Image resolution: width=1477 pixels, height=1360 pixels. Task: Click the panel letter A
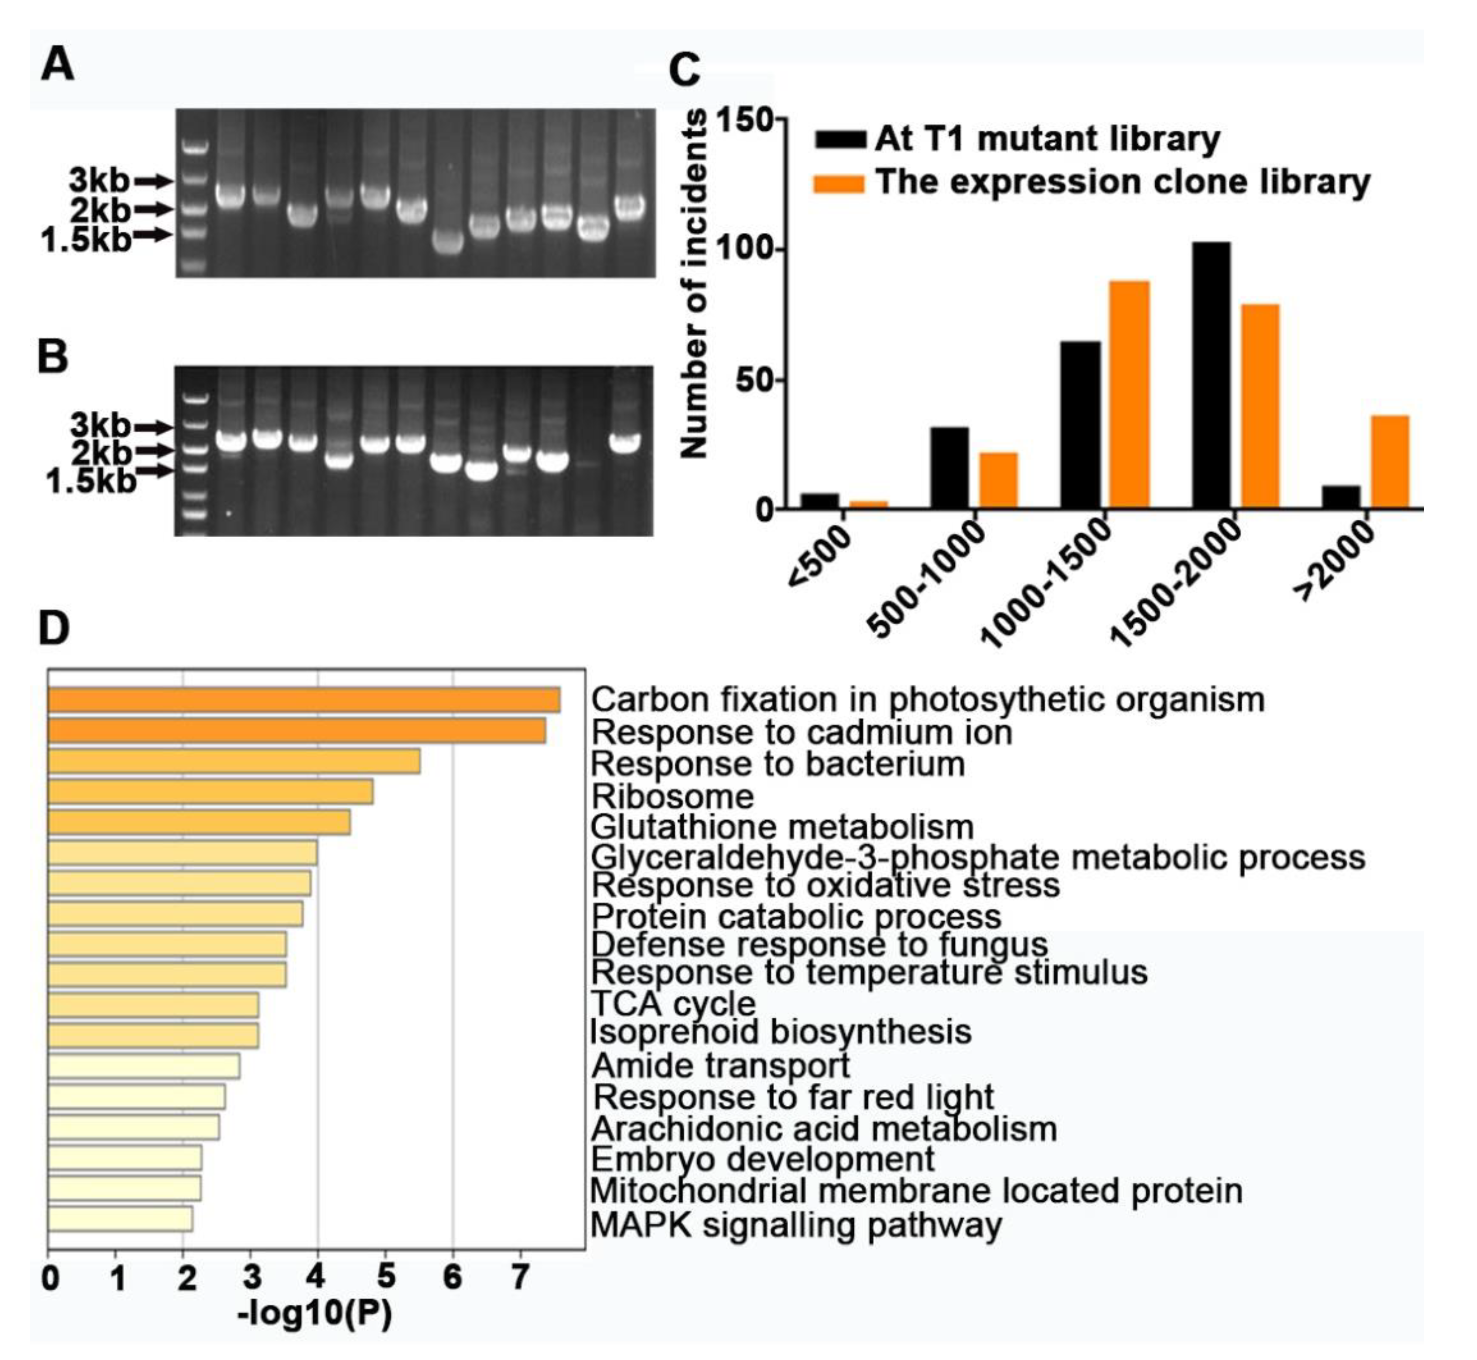pyautogui.click(x=58, y=65)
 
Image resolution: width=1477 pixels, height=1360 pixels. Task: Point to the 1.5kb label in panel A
pyautogui.click(x=85, y=240)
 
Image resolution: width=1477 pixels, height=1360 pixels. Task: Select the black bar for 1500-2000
pyautogui.click(x=1211, y=375)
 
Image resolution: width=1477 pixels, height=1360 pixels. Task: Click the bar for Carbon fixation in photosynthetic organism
pyautogui.click(x=304, y=700)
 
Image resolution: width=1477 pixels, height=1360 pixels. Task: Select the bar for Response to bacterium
pyautogui.click(x=234, y=761)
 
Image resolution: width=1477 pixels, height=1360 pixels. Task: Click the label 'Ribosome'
pyautogui.click(x=672, y=796)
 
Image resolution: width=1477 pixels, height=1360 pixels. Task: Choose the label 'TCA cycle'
pyautogui.click(x=672, y=1004)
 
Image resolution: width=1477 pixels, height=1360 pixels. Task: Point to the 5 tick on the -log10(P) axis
pyautogui.click(x=385, y=1277)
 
